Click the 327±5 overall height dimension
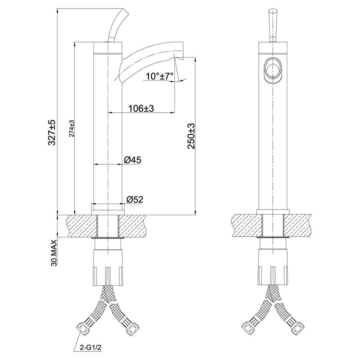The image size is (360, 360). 52,132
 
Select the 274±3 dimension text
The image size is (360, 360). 72,129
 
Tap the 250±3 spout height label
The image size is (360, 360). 191,136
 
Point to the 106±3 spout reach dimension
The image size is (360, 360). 141,108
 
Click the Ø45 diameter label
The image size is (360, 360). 132,160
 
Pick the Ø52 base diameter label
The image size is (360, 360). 135,199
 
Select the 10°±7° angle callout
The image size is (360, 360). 160,76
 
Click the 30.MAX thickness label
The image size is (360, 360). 54,253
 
